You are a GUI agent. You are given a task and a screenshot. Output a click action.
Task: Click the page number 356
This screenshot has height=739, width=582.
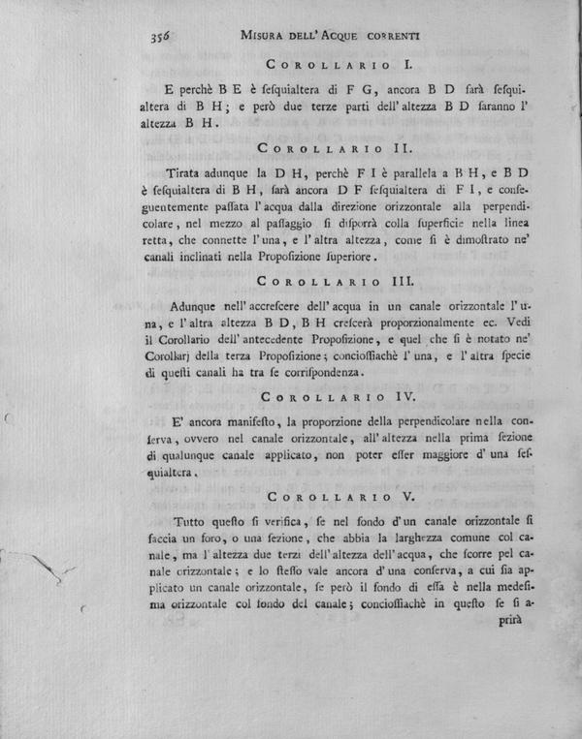pyautogui.click(x=161, y=35)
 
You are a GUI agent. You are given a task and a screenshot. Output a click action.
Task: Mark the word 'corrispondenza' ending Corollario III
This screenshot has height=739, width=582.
pyautogui.click(x=315, y=371)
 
